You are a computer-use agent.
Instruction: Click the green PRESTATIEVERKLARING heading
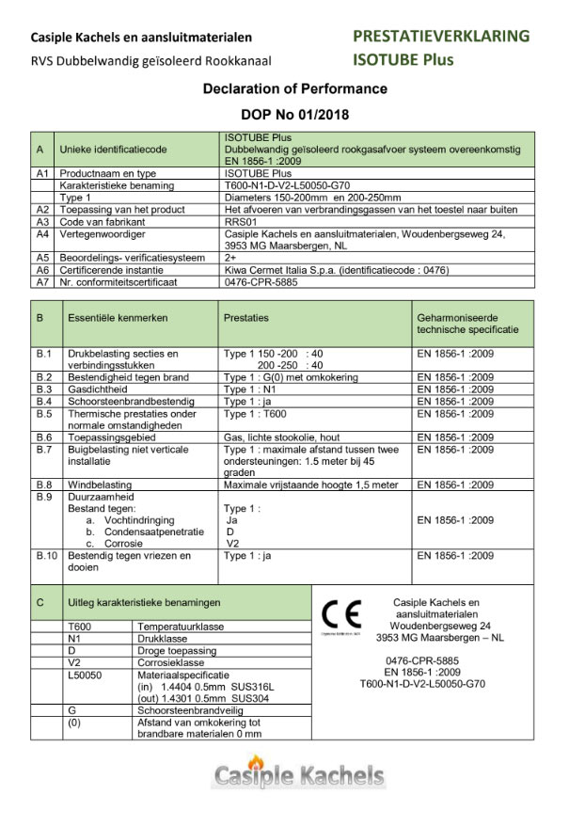tap(440, 37)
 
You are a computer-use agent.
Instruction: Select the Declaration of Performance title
tap(295, 89)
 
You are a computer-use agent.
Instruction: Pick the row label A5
tap(42, 257)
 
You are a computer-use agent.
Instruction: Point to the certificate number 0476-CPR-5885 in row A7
tap(263, 280)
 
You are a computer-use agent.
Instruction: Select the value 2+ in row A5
tap(230, 257)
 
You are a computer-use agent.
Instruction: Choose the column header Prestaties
tap(245, 319)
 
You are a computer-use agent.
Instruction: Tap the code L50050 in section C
tap(85, 675)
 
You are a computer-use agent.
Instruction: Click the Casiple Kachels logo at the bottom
tap(298, 775)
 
